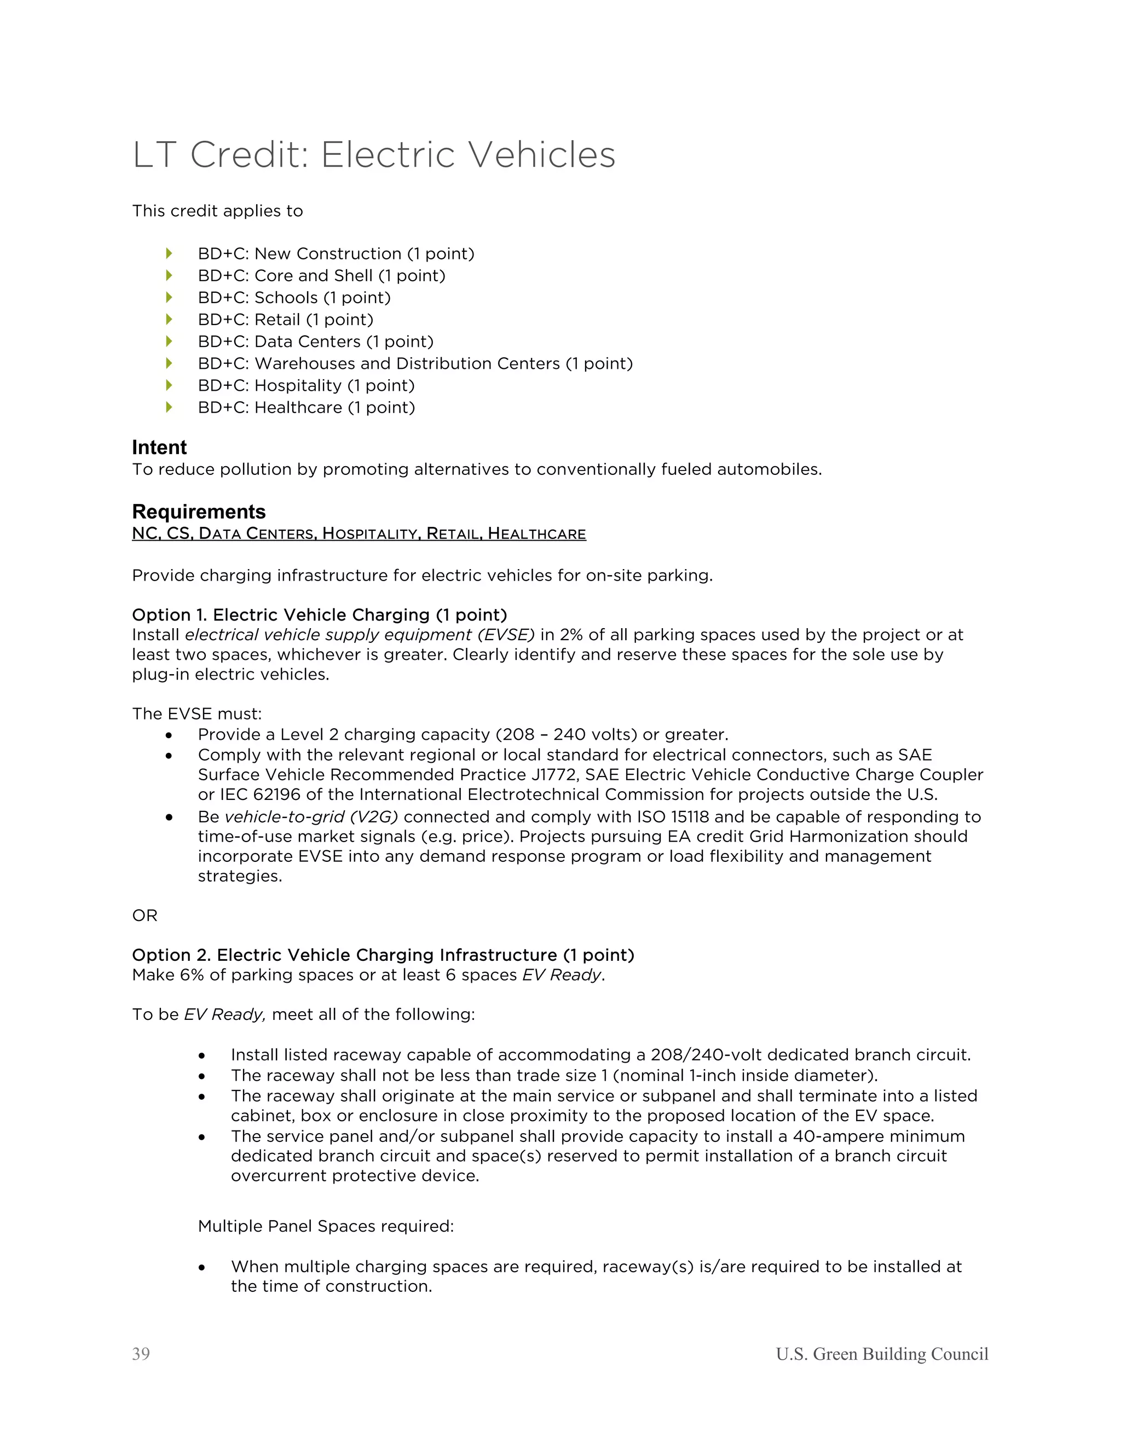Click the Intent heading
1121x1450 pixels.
(159, 447)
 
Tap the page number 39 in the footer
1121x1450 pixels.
(141, 1354)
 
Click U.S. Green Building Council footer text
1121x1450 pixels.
(881, 1354)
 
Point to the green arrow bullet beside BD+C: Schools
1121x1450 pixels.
(169, 297)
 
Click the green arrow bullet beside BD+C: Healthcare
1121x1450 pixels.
(169, 407)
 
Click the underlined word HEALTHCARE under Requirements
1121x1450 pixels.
(536, 534)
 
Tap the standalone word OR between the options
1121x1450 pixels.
(145, 915)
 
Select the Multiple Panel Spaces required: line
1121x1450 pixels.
(326, 1226)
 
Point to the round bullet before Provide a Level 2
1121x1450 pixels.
(169, 735)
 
